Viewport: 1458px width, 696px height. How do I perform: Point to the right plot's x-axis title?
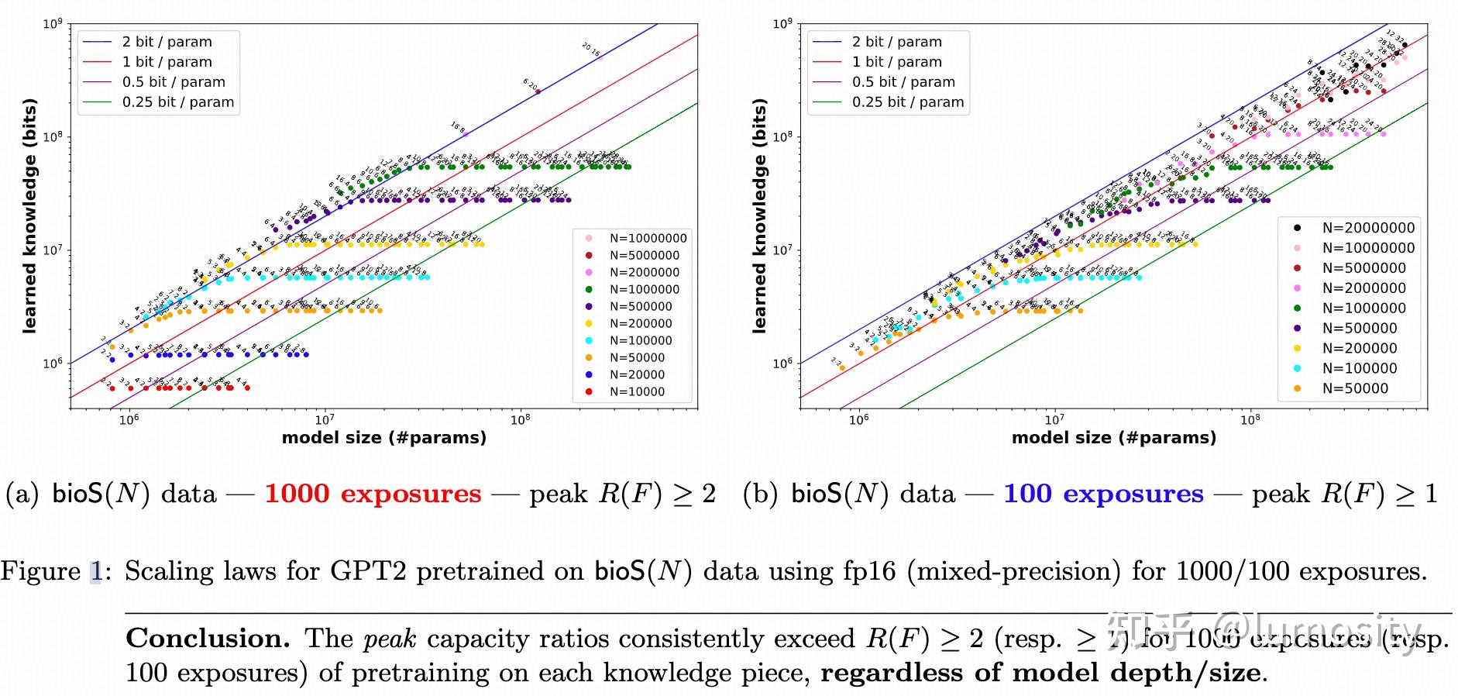(x=1113, y=437)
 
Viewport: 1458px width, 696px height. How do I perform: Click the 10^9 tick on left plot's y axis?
(x=52, y=24)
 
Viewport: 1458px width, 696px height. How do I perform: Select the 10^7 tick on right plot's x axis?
(x=1054, y=419)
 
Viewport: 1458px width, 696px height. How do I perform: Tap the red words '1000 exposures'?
(x=373, y=494)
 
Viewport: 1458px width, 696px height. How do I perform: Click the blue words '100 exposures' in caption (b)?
(x=1103, y=494)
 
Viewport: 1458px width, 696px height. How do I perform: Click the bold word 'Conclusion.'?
(x=208, y=639)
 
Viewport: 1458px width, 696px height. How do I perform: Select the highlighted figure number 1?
(x=95, y=571)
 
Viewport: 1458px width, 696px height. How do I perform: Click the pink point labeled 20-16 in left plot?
(x=600, y=57)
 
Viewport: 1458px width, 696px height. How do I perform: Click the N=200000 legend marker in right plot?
(x=1297, y=348)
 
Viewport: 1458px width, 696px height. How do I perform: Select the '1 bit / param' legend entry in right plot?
(x=896, y=62)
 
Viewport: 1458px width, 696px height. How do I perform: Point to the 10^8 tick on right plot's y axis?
(x=782, y=137)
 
